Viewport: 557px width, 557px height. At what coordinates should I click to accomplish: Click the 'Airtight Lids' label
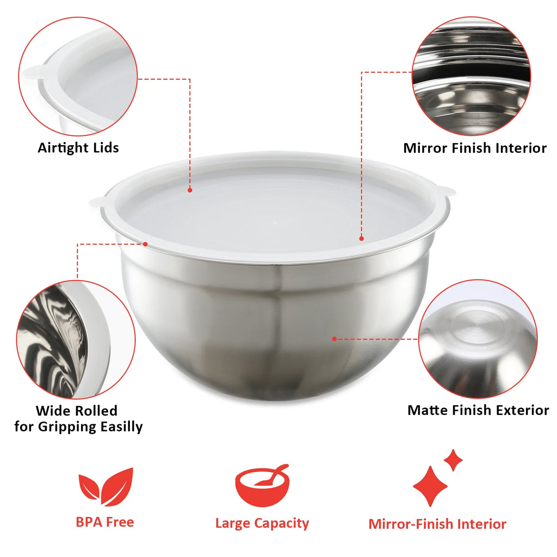click(78, 147)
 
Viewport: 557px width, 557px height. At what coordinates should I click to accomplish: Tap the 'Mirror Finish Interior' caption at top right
click(474, 148)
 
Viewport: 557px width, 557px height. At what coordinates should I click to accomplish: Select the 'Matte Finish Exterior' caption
click(478, 410)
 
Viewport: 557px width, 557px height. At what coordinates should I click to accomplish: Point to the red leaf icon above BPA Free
click(106, 486)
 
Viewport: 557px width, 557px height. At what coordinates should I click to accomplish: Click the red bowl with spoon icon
click(262, 485)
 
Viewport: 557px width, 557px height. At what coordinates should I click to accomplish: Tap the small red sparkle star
click(453, 460)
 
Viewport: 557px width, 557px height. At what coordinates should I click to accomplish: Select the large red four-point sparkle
click(430, 486)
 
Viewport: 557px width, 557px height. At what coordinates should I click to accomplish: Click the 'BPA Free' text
click(104, 522)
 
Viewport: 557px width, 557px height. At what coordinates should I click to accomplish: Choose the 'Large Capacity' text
click(262, 523)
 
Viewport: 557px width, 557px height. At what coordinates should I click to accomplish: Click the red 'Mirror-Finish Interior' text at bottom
click(437, 524)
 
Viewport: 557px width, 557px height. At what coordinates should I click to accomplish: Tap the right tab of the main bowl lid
click(447, 191)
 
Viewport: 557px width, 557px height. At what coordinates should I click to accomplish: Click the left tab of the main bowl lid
click(97, 202)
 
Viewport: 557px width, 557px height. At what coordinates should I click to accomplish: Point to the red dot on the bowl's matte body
click(334, 338)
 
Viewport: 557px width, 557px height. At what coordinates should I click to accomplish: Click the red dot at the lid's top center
click(190, 190)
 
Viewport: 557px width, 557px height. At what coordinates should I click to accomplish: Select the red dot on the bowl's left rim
click(146, 244)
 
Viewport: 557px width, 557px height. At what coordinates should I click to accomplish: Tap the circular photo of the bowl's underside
click(477, 339)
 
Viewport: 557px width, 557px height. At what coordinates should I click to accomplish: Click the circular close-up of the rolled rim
click(76, 338)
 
